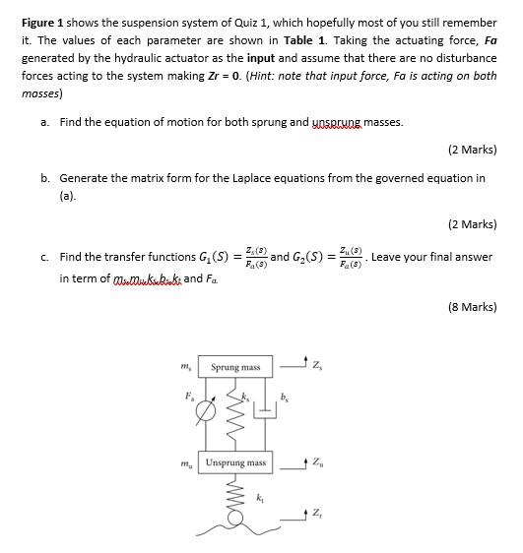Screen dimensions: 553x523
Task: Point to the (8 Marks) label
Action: [472, 307]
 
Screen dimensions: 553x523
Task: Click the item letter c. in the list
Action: [45, 258]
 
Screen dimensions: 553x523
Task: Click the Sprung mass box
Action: [235, 367]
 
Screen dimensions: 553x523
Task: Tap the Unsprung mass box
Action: [235, 462]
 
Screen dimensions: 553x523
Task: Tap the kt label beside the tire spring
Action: [261, 499]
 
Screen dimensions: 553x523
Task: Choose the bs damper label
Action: [285, 399]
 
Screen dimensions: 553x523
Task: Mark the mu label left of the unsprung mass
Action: [186, 462]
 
